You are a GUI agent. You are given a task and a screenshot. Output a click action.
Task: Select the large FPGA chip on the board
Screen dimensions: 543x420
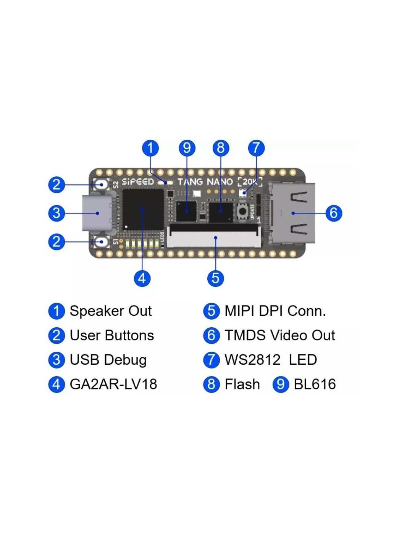coord(142,209)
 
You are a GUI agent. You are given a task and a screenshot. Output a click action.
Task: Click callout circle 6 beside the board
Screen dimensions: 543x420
coord(333,213)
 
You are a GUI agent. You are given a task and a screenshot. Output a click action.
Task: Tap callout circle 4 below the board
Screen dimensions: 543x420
coord(142,278)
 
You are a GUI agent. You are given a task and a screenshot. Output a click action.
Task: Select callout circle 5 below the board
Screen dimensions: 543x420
coord(215,278)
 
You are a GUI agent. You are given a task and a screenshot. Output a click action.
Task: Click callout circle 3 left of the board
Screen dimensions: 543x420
coord(57,213)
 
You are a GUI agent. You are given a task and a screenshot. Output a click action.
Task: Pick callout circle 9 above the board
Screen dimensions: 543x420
coord(187,148)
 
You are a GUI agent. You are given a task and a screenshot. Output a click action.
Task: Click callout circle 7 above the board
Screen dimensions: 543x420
coord(256,148)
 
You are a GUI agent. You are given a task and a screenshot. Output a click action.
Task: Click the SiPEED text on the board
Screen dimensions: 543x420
coord(137,182)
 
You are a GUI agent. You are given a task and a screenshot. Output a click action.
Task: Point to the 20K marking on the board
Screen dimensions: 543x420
coord(250,181)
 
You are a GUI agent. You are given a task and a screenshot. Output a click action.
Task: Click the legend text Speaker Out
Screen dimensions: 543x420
coord(111,311)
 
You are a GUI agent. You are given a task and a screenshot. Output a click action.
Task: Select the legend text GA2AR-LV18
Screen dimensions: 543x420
coord(113,384)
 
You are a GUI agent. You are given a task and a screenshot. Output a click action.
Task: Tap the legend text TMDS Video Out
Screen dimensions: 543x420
coord(279,335)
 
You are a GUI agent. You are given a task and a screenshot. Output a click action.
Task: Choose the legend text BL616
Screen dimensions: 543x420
coord(315,384)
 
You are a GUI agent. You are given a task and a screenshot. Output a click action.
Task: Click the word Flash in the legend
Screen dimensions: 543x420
coord(242,384)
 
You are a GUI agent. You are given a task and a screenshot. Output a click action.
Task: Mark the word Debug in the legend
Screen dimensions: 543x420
coord(125,360)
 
